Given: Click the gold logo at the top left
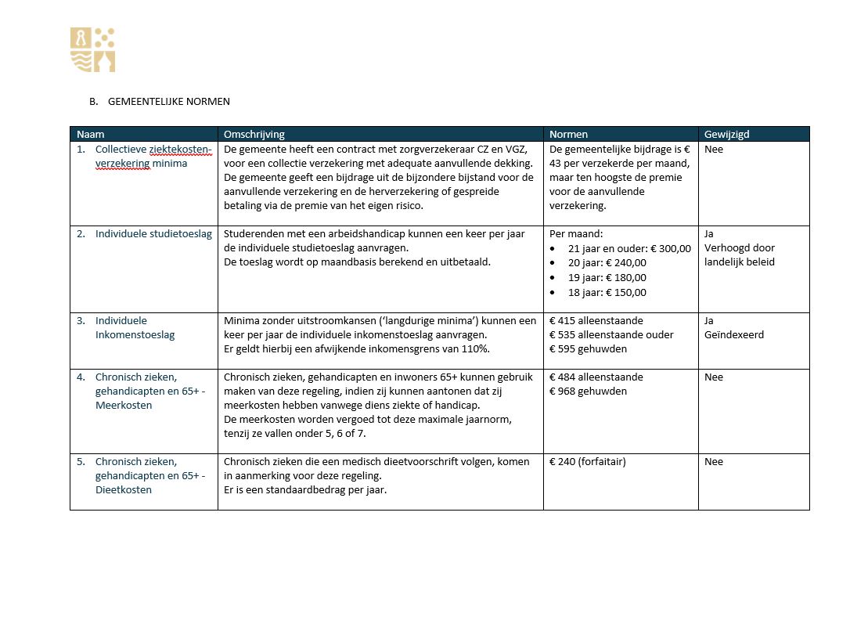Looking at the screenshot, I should click(x=93, y=50).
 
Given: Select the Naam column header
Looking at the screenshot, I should click(x=91, y=135).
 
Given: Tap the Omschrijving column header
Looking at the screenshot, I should click(x=254, y=135).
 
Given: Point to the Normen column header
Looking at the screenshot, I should click(x=568, y=135).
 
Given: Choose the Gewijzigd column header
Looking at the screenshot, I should click(x=726, y=135).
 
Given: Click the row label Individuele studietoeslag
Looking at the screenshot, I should click(x=153, y=234).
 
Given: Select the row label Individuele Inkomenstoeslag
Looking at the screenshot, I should click(x=135, y=327).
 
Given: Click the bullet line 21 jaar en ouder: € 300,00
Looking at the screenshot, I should click(x=629, y=249).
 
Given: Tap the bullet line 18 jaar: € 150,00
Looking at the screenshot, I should click(x=607, y=293).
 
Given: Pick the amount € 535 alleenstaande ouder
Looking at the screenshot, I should click(x=611, y=335).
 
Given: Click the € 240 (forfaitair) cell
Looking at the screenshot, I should click(x=587, y=462).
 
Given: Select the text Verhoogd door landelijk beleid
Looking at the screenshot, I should click(x=739, y=255).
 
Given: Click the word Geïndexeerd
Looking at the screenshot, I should click(x=734, y=335).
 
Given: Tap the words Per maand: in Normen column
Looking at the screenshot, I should click(x=575, y=234).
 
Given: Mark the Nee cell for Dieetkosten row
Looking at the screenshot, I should click(x=713, y=462).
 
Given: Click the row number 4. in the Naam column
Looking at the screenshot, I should click(x=81, y=377).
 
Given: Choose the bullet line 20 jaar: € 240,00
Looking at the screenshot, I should click(x=607, y=263).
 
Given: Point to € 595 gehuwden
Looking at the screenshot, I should click(x=588, y=349).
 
